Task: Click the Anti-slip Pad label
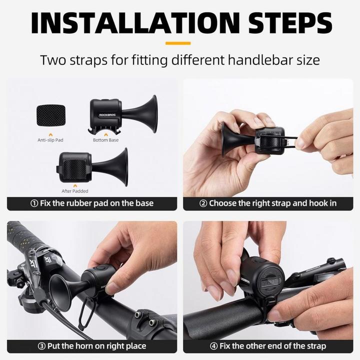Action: coord(50,140)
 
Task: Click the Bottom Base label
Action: coord(106,140)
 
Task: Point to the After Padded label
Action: coord(75,191)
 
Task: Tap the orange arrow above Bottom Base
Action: coord(105,133)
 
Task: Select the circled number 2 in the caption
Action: coord(203,203)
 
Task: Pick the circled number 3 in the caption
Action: coord(41,346)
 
